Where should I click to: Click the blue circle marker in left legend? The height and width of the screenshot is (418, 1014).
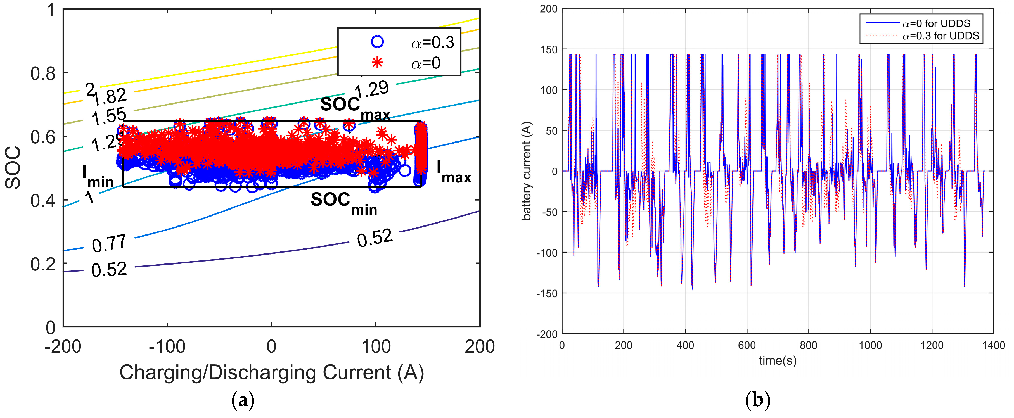(377, 42)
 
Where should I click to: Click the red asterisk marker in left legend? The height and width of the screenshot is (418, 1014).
(377, 63)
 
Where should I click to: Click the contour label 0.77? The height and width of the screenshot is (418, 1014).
(109, 243)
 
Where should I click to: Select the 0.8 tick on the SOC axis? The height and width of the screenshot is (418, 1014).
(43, 73)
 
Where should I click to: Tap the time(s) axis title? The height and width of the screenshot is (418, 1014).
(778, 360)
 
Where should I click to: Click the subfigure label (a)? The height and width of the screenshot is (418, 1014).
(243, 400)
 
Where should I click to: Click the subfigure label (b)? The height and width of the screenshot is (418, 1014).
(757, 400)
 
